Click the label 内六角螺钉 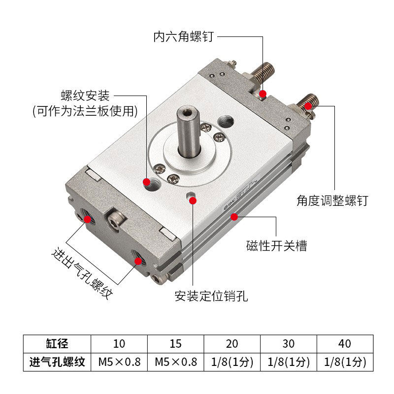(184, 36)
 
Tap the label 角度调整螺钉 (332, 200)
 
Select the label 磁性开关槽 (276, 245)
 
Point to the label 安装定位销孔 (211, 296)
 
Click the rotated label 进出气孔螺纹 (82, 273)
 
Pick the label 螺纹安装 (85, 96)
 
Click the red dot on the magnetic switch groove (234, 217)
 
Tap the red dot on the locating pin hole (193, 200)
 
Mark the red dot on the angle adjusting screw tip (308, 106)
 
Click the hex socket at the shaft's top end (187, 113)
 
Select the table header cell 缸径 (57, 343)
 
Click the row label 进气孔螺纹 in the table (57, 362)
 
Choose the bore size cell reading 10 (119, 343)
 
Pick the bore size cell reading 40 (345, 343)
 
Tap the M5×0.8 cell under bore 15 (176, 362)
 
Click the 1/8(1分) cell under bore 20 (232, 362)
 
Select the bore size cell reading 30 (289, 343)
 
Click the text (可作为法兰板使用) (85, 111)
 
